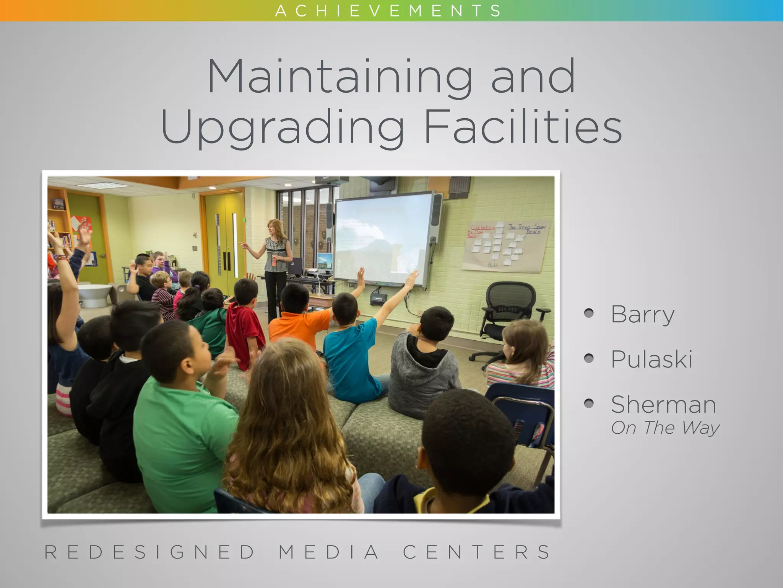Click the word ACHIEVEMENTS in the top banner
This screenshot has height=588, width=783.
[x=388, y=11]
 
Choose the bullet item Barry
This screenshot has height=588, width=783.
[x=643, y=315]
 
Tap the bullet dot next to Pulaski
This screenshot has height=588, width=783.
[x=589, y=359]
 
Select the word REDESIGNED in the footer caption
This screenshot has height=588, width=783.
[x=150, y=552]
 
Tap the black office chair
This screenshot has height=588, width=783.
[x=507, y=314]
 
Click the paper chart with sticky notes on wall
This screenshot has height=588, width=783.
[x=507, y=245]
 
